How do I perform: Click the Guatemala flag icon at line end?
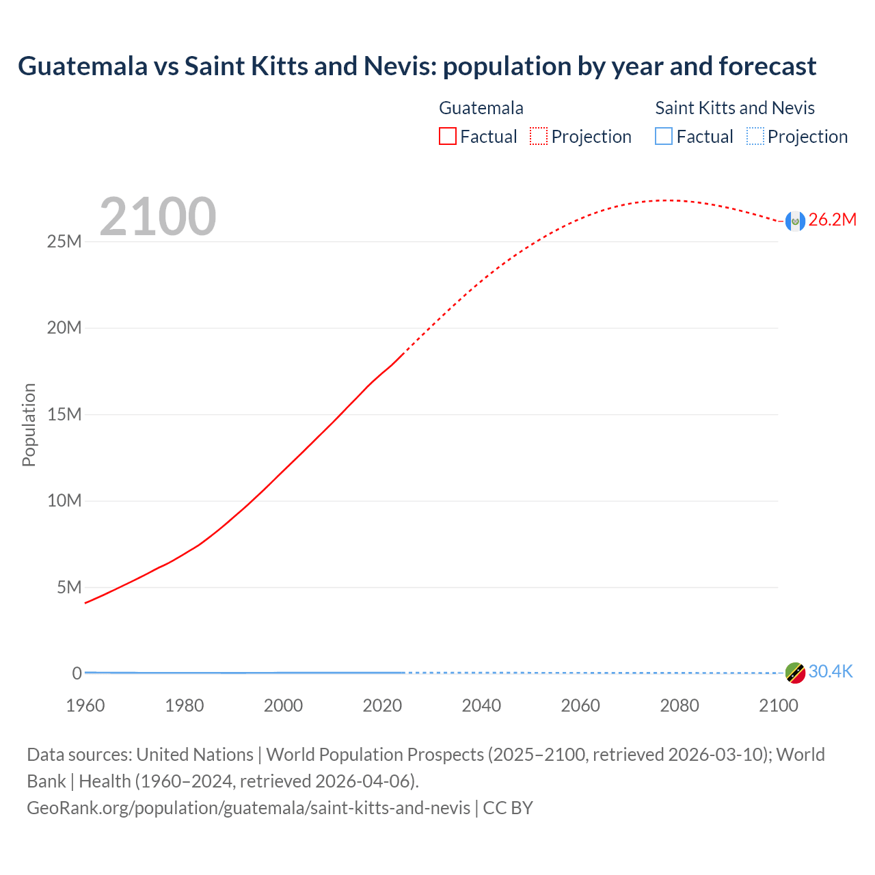click(795, 221)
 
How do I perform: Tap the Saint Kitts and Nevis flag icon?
click(795, 673)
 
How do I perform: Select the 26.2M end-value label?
click(832, 219)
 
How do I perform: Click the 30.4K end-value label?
click(831, 671)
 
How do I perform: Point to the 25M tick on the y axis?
click(64, 241)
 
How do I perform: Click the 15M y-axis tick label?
click(64, 414)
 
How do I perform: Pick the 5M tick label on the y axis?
click(68, 587)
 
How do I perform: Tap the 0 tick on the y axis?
click(77, 673)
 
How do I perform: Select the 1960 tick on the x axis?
click(85, 705)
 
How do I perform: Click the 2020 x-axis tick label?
click(382, 705)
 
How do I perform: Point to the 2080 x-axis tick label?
click(679, 705)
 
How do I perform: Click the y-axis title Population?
click(29, 425)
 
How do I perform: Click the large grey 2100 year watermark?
click(158, 217)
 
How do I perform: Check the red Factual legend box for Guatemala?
click(448, 137)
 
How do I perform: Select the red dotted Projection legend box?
click(539, 137)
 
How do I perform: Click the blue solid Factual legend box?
click(664, 137)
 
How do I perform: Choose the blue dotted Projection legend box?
click(755, 137)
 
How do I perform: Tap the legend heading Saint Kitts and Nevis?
click(735, 108)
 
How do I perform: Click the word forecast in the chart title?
click(768, 66)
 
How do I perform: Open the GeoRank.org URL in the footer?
click(249, 808)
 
